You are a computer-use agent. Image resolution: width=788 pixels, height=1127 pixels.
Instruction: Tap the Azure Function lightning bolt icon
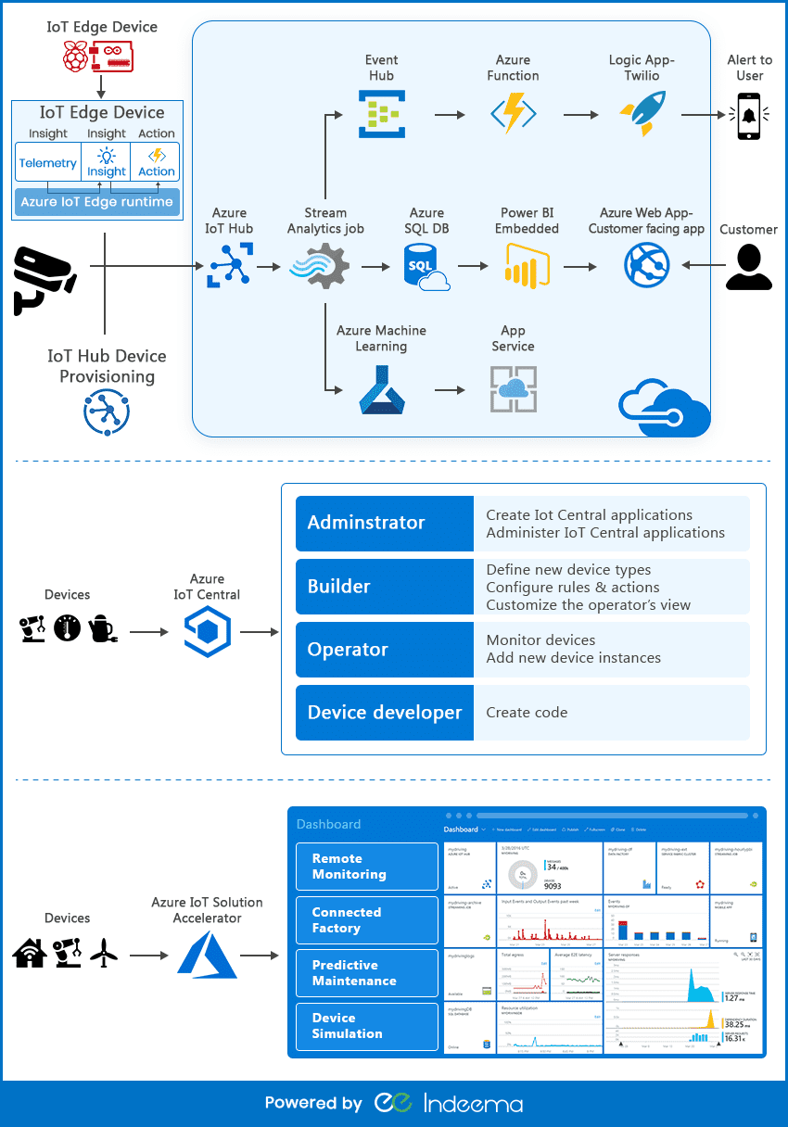(x=513, y=114)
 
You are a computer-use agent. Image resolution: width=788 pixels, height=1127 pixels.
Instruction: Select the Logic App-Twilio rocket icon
(x=641, y=114)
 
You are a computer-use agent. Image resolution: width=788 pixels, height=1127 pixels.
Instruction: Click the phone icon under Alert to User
(x=750, y=116)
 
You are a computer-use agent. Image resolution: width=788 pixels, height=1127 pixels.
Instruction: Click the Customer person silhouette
(x=748, y=267)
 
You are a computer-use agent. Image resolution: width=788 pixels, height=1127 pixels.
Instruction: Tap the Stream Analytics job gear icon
(x=320, y=267)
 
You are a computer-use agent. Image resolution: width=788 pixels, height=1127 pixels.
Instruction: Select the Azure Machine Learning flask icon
(x=382, y=389)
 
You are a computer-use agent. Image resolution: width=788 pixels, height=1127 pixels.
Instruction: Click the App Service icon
(x=513, y=389)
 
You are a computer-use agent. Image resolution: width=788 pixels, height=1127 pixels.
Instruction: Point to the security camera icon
(x=43, y=276)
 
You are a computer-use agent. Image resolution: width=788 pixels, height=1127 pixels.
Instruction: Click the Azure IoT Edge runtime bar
(x=97, y=202)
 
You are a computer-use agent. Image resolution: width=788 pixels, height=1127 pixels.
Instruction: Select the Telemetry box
(x=48, y=163)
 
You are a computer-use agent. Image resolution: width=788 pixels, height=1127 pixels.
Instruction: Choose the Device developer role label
(x=384, y=713)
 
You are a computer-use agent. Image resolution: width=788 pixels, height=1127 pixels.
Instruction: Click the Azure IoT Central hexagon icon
(x=207, y=632)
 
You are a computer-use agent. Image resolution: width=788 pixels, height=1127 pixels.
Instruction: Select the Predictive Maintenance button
(x=366, y=973)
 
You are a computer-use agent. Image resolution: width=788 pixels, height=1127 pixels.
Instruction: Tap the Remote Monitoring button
(x=366, y=867)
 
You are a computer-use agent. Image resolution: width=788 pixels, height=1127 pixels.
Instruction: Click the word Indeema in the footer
(x=473, y=1103)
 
